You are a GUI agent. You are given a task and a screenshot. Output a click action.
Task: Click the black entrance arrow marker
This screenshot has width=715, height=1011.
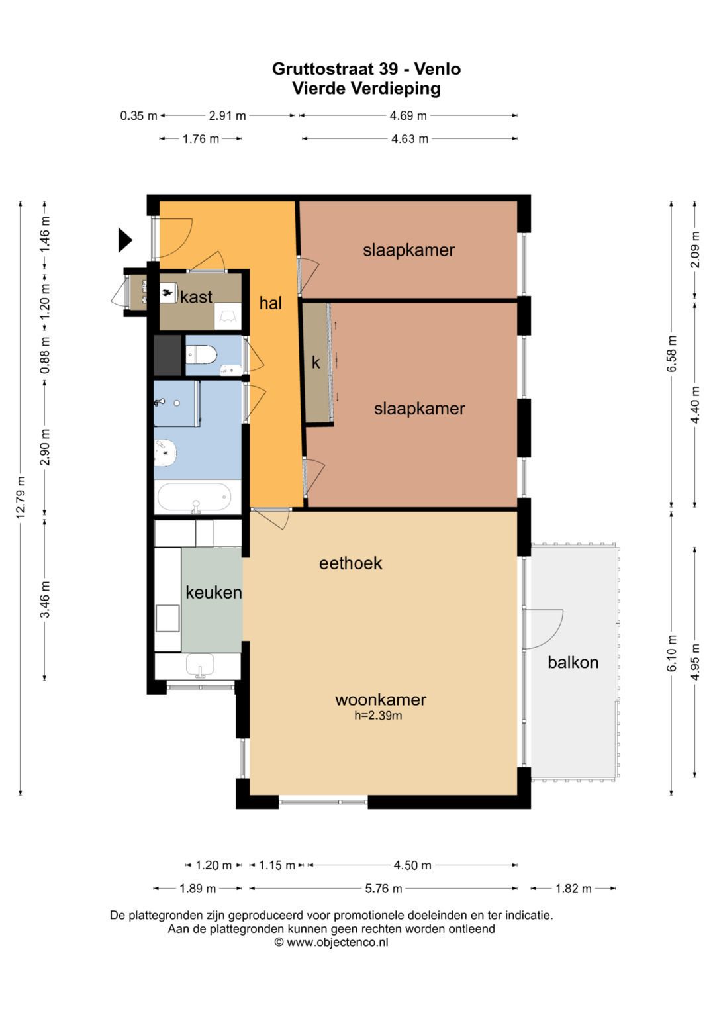pyautogui.click(x=124, y=240)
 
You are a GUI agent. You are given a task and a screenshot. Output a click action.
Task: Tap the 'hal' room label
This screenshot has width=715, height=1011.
pyautogui.click(x=270, y=303)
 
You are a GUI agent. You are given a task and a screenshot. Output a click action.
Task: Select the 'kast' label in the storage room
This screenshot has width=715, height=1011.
pyautogui.click(x=196, y=297)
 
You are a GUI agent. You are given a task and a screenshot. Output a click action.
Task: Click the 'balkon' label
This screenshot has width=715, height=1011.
pyautogui.click(x=573, y=662)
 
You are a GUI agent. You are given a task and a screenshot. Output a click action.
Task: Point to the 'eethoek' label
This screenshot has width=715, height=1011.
pyautogui.click(x=350, y=563)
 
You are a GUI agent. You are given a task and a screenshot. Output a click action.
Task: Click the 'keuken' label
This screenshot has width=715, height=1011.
pyautogui.click(x=213, y=592)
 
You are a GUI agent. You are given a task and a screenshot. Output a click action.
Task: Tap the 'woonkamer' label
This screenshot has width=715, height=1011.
pyautogui.click(x=381, y=700)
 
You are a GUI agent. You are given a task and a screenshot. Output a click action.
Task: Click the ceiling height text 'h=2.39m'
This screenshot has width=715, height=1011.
pyautogui.click(x=378, y=715)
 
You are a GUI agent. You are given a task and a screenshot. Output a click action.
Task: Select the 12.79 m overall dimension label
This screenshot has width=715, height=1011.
pyautogui.click(x=21, y=497)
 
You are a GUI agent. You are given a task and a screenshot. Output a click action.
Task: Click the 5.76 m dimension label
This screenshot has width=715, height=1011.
pyautogui.click(x=383, y=889)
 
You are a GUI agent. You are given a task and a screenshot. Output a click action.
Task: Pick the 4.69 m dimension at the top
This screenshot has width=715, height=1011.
pyautogui.click(x=408, y=116)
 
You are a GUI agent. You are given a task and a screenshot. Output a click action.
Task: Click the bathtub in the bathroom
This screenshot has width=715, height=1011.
pyautogui.click(x=194, y=497)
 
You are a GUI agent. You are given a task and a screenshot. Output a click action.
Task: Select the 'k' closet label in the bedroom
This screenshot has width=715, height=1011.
pyautogui.click(x=316, y=362)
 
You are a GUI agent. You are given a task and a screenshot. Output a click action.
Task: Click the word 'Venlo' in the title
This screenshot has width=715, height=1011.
pyautogui.click(x=438, y=69)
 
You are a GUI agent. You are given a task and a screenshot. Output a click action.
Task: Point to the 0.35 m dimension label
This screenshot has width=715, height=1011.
pyautogui.click(x=138, y=116)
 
